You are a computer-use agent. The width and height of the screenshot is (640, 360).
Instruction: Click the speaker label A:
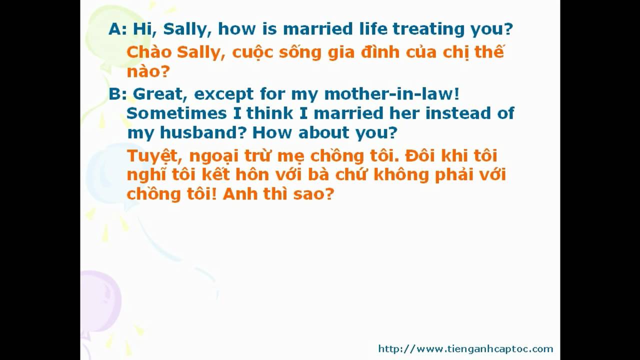click(117, 29)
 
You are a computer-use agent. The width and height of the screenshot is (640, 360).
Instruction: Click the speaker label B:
click(117, 93)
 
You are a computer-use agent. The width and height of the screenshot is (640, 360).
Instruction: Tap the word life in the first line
click(372, 28)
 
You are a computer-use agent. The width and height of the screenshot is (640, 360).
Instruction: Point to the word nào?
click(148, 71)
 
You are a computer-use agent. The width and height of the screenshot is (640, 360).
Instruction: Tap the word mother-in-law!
click(392, 93)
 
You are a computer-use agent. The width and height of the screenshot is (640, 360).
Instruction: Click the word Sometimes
click(176, 113)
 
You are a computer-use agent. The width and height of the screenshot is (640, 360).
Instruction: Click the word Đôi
click(420, 155)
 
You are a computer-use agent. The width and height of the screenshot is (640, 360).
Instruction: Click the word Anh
click(239, 194)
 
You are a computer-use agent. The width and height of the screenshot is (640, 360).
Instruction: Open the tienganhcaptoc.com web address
click(465, 349)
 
